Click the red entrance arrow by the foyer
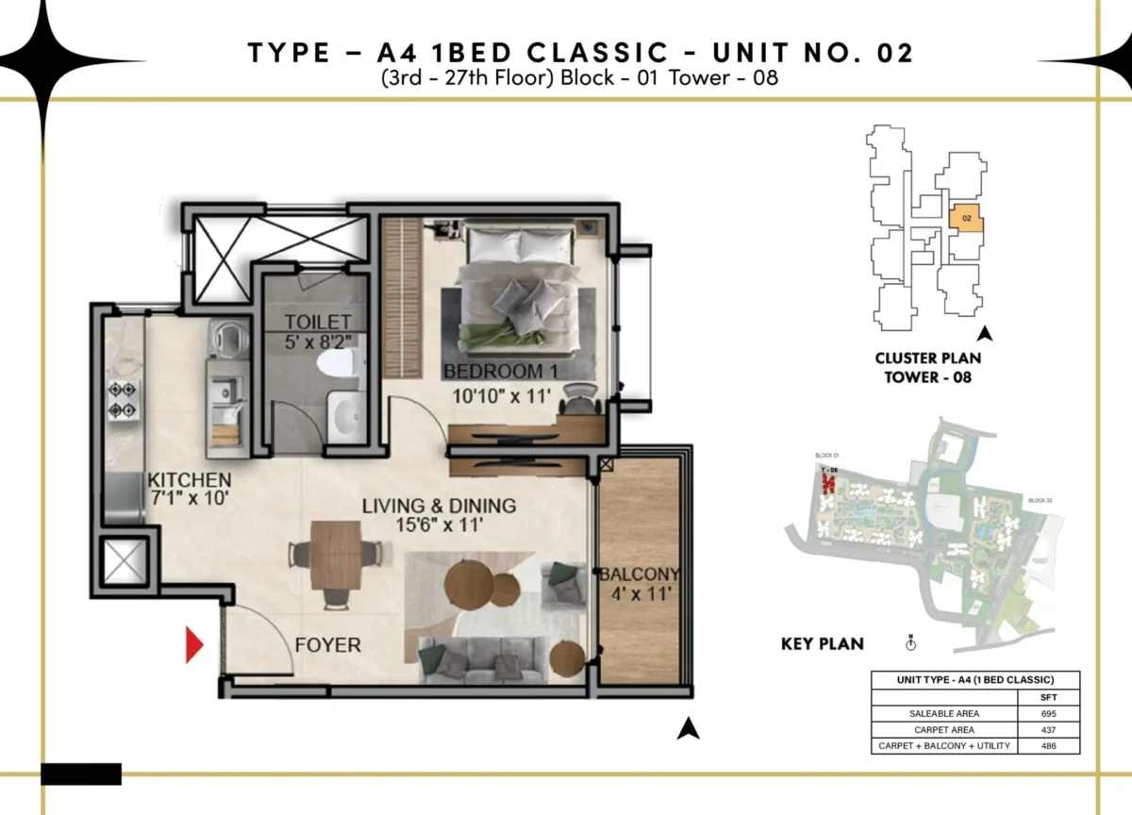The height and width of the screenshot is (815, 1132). coord(193,646)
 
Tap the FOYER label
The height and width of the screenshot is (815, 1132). coord(327,645)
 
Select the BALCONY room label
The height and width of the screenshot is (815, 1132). coord(640,574)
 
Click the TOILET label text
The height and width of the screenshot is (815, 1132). coord(318,323)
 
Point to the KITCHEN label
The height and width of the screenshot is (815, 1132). coord(189,480)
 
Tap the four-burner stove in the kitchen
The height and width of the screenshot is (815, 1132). coord(123,399)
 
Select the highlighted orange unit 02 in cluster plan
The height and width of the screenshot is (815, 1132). coord(966,219)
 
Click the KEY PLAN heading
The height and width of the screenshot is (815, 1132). coord(822,644)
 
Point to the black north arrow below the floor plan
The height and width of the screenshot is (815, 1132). coord(690,728)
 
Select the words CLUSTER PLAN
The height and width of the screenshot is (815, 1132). coord(927,358)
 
